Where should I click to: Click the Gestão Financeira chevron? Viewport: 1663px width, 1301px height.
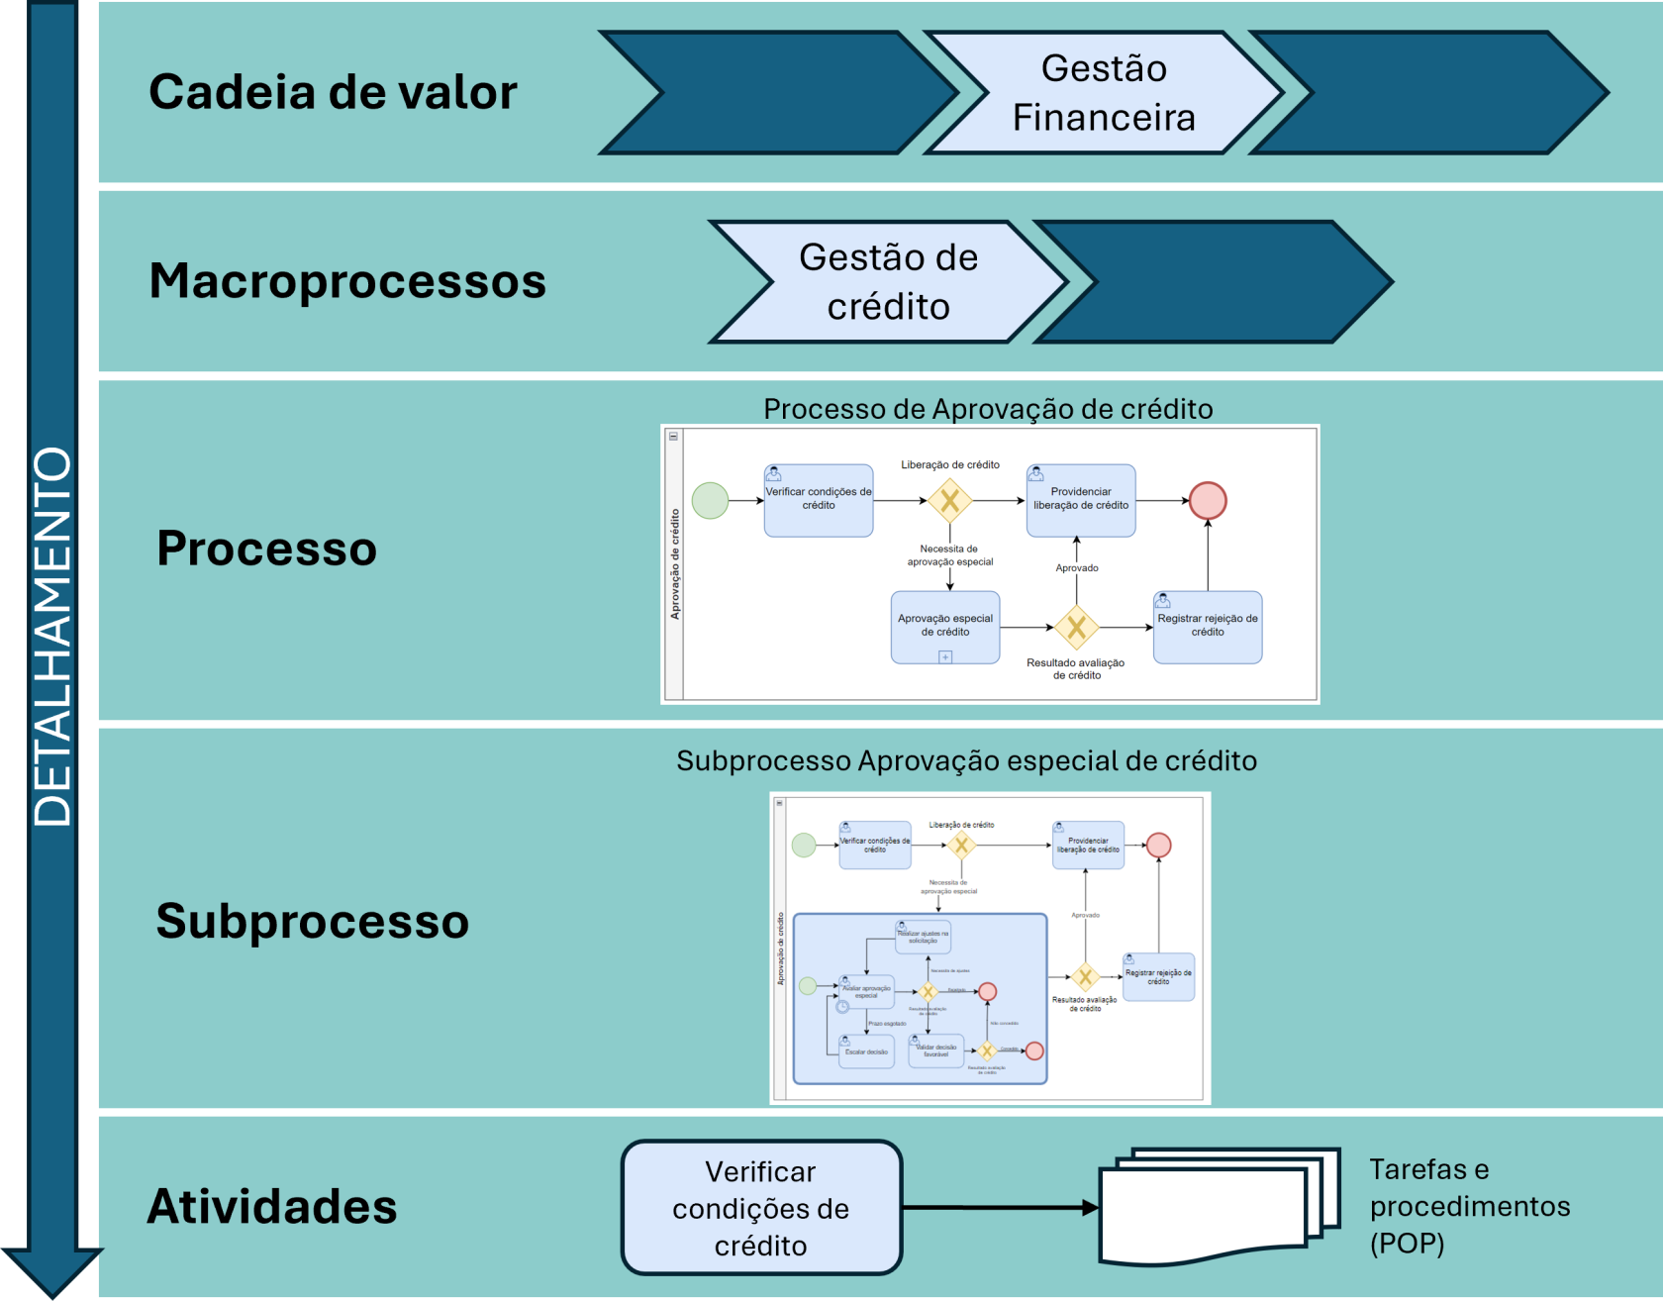coord(1104,93)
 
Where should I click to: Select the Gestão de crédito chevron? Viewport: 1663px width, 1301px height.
coord(888,282)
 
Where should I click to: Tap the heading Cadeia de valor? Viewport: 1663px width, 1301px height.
coord(333,92)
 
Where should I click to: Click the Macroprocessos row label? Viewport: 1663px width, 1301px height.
coord(347,281)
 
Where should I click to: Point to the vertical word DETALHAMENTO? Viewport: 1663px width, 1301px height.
coord(52,636)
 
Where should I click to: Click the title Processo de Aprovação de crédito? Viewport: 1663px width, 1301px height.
coord(988,409)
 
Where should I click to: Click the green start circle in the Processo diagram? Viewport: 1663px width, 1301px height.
coord(710,501)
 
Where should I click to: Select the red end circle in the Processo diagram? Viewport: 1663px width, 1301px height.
coord(1208,501)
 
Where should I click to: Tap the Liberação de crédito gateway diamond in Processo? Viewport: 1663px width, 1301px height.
coord(949,501)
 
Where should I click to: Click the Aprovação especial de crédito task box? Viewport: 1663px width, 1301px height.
coord(944,627)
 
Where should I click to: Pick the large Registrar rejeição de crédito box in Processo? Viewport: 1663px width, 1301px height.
coord(1208,627)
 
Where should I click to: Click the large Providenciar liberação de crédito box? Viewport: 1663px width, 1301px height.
coord(1081,501)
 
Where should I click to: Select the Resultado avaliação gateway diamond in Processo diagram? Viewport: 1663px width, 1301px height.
coord(1076,627)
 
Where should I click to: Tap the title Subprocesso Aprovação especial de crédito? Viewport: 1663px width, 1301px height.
coord(966,760)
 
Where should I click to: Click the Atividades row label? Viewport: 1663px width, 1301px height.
coord(272,1207)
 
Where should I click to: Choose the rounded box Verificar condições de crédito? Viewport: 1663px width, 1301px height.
coord(761,1208)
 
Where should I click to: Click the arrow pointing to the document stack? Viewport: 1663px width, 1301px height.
coord(1000,1208)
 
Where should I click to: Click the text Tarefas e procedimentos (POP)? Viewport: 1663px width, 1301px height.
coord(1469,1206)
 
